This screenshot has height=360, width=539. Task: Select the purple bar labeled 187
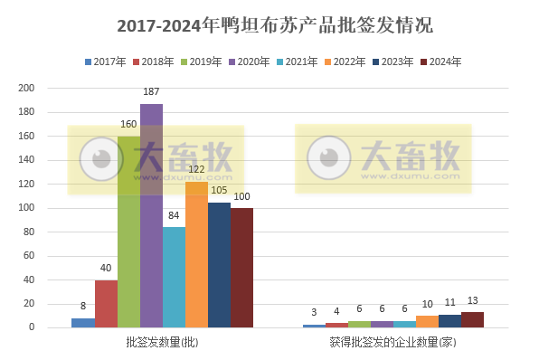tap(151, 217)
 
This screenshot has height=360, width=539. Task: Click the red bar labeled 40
tap(106, 303)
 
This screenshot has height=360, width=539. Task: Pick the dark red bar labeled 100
tap(241, 267)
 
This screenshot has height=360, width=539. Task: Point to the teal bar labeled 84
tap(174, 277)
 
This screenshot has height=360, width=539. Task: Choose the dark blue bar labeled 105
tap(219, 264)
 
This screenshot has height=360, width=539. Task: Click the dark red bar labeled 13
tap(472, 319)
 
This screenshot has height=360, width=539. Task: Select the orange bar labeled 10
tap(427, 321)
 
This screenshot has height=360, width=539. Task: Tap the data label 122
tap(196, 169)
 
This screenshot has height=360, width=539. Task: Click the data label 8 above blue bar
tap(83, 306)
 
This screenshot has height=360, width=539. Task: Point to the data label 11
tap(449, 303)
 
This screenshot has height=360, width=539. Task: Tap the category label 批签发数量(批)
tap(162, 343)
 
